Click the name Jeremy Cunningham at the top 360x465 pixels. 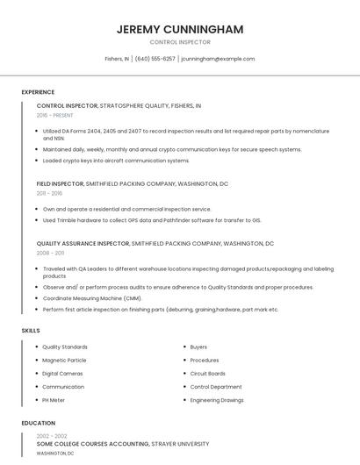pyautogui.click(x=180, y=29)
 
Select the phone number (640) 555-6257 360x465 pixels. pyautogui.click(x=155, y=59)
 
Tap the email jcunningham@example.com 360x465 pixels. pyautogui.click(x=218, y=59)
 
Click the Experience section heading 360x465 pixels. pyautogui.click(x=38, y=92)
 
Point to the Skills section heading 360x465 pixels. pyautogui.click(x=31, y=330)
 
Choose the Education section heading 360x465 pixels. pyautogui.click(x=38, y=423)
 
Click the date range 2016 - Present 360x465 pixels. pyautogui.click(x=55, y=115)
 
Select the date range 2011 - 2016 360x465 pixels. pyautogui.click(x=49, y=193)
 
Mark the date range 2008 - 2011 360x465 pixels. pyautogui.click(x=50, y=253)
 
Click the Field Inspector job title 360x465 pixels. pyautogui.click(x=60, y=184)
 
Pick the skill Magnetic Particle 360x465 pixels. pyautogui.click(x=64, y=360)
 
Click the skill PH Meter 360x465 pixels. pyautogui.click(x=54, y=399)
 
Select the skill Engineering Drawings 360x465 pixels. pyautogui.click(x=217, y=399)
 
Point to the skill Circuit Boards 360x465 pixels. pyautogui.click(x=207, y=373)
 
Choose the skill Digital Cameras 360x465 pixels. pyautogui.click(x=62, y=373)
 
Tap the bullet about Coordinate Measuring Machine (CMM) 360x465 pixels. pyautogui.click(x=92, y=298)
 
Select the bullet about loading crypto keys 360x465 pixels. pyautogui.click(x=116, y=161)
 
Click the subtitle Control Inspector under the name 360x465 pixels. pyautogui.click(x=180, y=41)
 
